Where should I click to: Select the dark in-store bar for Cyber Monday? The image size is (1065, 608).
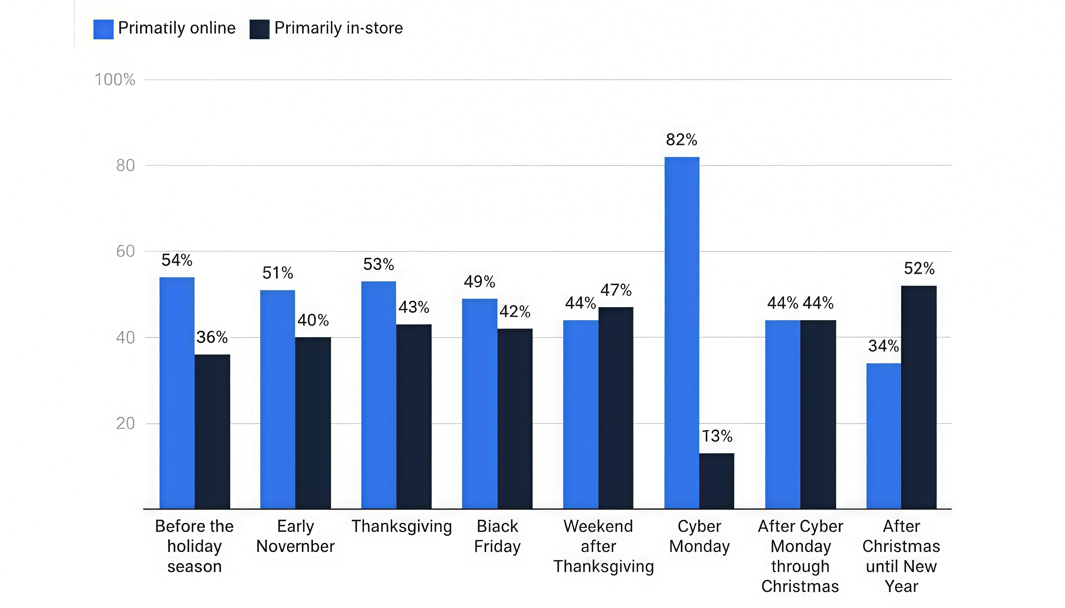pyautogui.click(x=716, y=481)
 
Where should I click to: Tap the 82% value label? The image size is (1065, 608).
pyautogui.click(x=681, y=140)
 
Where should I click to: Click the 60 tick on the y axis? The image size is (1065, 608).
pyautogui.click(x=125, y=251)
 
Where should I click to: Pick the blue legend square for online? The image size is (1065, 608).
pyautogui.click(x=103, y=29)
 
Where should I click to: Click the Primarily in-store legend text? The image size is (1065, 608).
pyautogui.click(x=338, y=28)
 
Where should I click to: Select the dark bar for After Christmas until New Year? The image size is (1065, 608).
pyautogui.click(x=919, y=397)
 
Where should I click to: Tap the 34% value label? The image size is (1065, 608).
pyautogui.click(x=883, y=346)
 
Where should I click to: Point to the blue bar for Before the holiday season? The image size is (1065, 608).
pyautogui.click(x=177, y=393)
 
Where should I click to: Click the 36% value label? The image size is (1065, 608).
pyautogui.click(x=212, y=337)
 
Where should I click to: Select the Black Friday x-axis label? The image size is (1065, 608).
pyautogui.click(x=497, y=536)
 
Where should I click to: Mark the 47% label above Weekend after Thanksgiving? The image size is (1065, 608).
pyautogui.click(x=616, y=290)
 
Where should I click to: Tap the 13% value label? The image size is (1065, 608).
pyautogui.click(x=717, y=436)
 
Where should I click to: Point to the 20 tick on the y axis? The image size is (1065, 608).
pyautogui.click(x=125, y=423)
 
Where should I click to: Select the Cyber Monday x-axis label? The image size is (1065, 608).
pyautogui.click(x=699, y=536)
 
